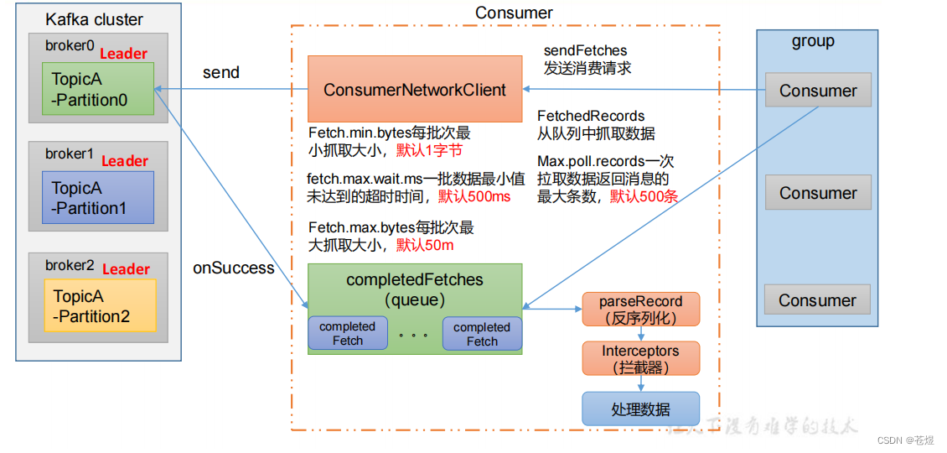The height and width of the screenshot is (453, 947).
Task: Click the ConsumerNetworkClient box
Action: [415, 90]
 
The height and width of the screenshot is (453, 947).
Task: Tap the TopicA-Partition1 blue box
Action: [97, 198]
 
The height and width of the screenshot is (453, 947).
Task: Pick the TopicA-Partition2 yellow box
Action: [100, 306]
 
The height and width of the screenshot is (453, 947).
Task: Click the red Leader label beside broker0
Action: [124, 54]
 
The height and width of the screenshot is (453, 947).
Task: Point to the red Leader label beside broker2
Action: [126, 269]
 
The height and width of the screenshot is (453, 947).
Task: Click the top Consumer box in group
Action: [818, 91]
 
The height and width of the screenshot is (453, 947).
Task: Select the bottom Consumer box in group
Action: [817, 300]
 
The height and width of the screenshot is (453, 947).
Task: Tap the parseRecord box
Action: [640, 310]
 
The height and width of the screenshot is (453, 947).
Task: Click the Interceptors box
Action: [640, 359]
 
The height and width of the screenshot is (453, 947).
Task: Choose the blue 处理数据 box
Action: [640, 409]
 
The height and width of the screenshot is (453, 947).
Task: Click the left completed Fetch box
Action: [347, 333]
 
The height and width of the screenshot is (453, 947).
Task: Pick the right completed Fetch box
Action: [482, 334]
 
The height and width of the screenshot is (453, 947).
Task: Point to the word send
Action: [221, 73]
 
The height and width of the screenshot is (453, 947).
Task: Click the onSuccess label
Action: [234, 268]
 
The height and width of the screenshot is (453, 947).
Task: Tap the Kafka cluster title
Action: [94, 19]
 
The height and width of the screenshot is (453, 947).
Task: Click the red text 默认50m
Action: [427, 245]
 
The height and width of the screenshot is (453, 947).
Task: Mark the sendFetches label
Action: [585, 51]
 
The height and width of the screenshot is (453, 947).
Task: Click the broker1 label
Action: [70, 154]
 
